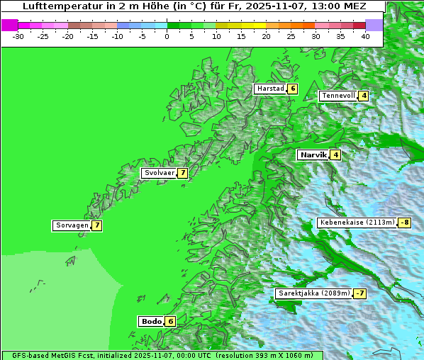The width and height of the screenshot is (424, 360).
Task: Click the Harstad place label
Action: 270,89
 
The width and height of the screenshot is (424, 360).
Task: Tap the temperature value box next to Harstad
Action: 292,89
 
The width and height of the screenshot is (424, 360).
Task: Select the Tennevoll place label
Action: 337,96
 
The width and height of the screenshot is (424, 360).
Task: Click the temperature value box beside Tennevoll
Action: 363,96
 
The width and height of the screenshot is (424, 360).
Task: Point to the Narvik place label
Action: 313,154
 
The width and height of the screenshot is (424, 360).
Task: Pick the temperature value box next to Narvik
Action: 335,154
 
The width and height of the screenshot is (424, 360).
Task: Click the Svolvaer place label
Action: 159,173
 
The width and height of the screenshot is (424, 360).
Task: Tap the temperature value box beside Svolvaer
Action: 182,173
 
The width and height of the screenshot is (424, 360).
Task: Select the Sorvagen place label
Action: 72,225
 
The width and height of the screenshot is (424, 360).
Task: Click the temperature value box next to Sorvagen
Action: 96,225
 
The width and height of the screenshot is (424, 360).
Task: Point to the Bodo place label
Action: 151,321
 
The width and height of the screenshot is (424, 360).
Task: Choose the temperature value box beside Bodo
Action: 170,321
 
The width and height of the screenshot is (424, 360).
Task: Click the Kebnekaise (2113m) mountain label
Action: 357,223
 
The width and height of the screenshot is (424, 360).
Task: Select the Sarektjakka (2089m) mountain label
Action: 314,293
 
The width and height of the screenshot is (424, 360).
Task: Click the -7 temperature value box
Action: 359,293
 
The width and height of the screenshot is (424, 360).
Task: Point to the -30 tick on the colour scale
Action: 18,35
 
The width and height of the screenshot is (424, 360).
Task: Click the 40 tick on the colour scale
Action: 365,35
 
